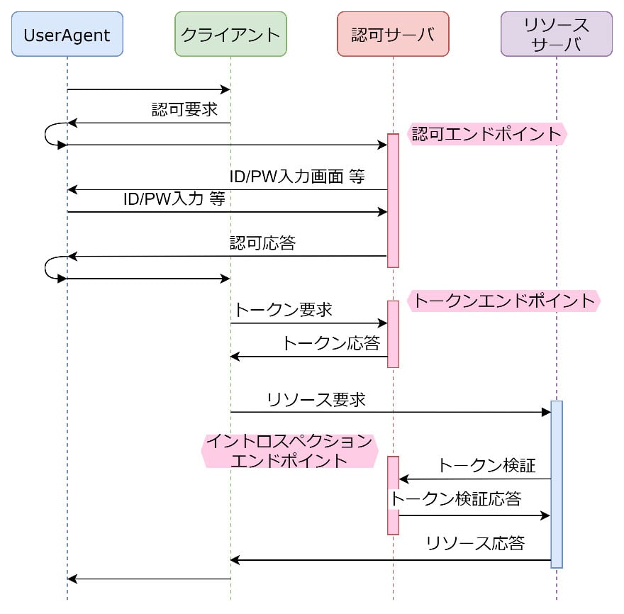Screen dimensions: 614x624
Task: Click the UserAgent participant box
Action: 67,33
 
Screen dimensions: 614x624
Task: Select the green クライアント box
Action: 230,33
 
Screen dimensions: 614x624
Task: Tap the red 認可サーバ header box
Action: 393,33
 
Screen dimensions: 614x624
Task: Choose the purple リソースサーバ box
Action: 556,33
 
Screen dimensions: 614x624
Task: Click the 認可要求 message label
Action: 184,110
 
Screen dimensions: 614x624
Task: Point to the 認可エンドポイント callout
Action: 487,133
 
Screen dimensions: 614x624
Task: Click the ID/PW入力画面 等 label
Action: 296,177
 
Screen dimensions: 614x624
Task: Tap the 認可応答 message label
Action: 262,243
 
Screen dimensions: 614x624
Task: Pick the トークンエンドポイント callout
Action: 503,301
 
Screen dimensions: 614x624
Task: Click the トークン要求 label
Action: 283,310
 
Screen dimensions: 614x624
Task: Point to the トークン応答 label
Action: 331,343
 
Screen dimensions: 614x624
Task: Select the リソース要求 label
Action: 316,399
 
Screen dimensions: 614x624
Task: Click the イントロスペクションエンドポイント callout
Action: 289,451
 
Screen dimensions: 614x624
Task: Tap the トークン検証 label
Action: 486,466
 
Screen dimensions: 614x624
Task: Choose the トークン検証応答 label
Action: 456,498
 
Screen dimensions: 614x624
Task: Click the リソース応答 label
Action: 475,544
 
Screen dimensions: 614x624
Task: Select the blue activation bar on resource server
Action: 556,484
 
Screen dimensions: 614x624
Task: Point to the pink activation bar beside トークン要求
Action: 393,333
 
